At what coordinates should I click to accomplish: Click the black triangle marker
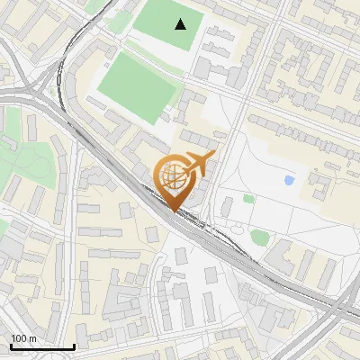click(182, 24)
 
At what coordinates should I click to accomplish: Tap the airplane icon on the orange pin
click(197, 163)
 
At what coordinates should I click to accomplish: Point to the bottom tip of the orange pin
click(175, 211)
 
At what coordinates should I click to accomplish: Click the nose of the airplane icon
click(214, 156)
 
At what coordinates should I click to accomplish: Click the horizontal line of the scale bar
click(41, 346)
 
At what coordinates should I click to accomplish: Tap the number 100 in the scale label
click(19, 338)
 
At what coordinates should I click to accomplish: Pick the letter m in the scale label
click(32, 338)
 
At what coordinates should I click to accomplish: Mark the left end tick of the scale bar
click(10, 345)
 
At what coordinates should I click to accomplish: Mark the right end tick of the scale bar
click(74, 345)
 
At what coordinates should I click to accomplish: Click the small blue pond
click(289, 181)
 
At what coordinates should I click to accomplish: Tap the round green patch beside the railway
click(259, 238)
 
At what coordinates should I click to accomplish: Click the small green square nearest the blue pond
click(248, 198)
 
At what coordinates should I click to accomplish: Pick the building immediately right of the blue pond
click(319, 185)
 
